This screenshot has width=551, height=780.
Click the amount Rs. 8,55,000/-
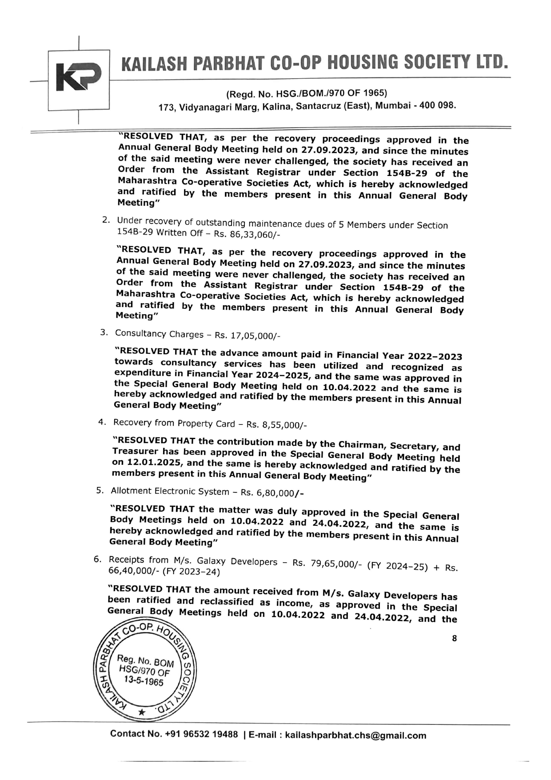276,425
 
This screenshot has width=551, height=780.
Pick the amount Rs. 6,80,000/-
272,493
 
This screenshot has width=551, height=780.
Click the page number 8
454,638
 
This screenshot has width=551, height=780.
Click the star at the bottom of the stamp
141,712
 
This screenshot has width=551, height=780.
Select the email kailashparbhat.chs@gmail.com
355,736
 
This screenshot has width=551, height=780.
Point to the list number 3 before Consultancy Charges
104,332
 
